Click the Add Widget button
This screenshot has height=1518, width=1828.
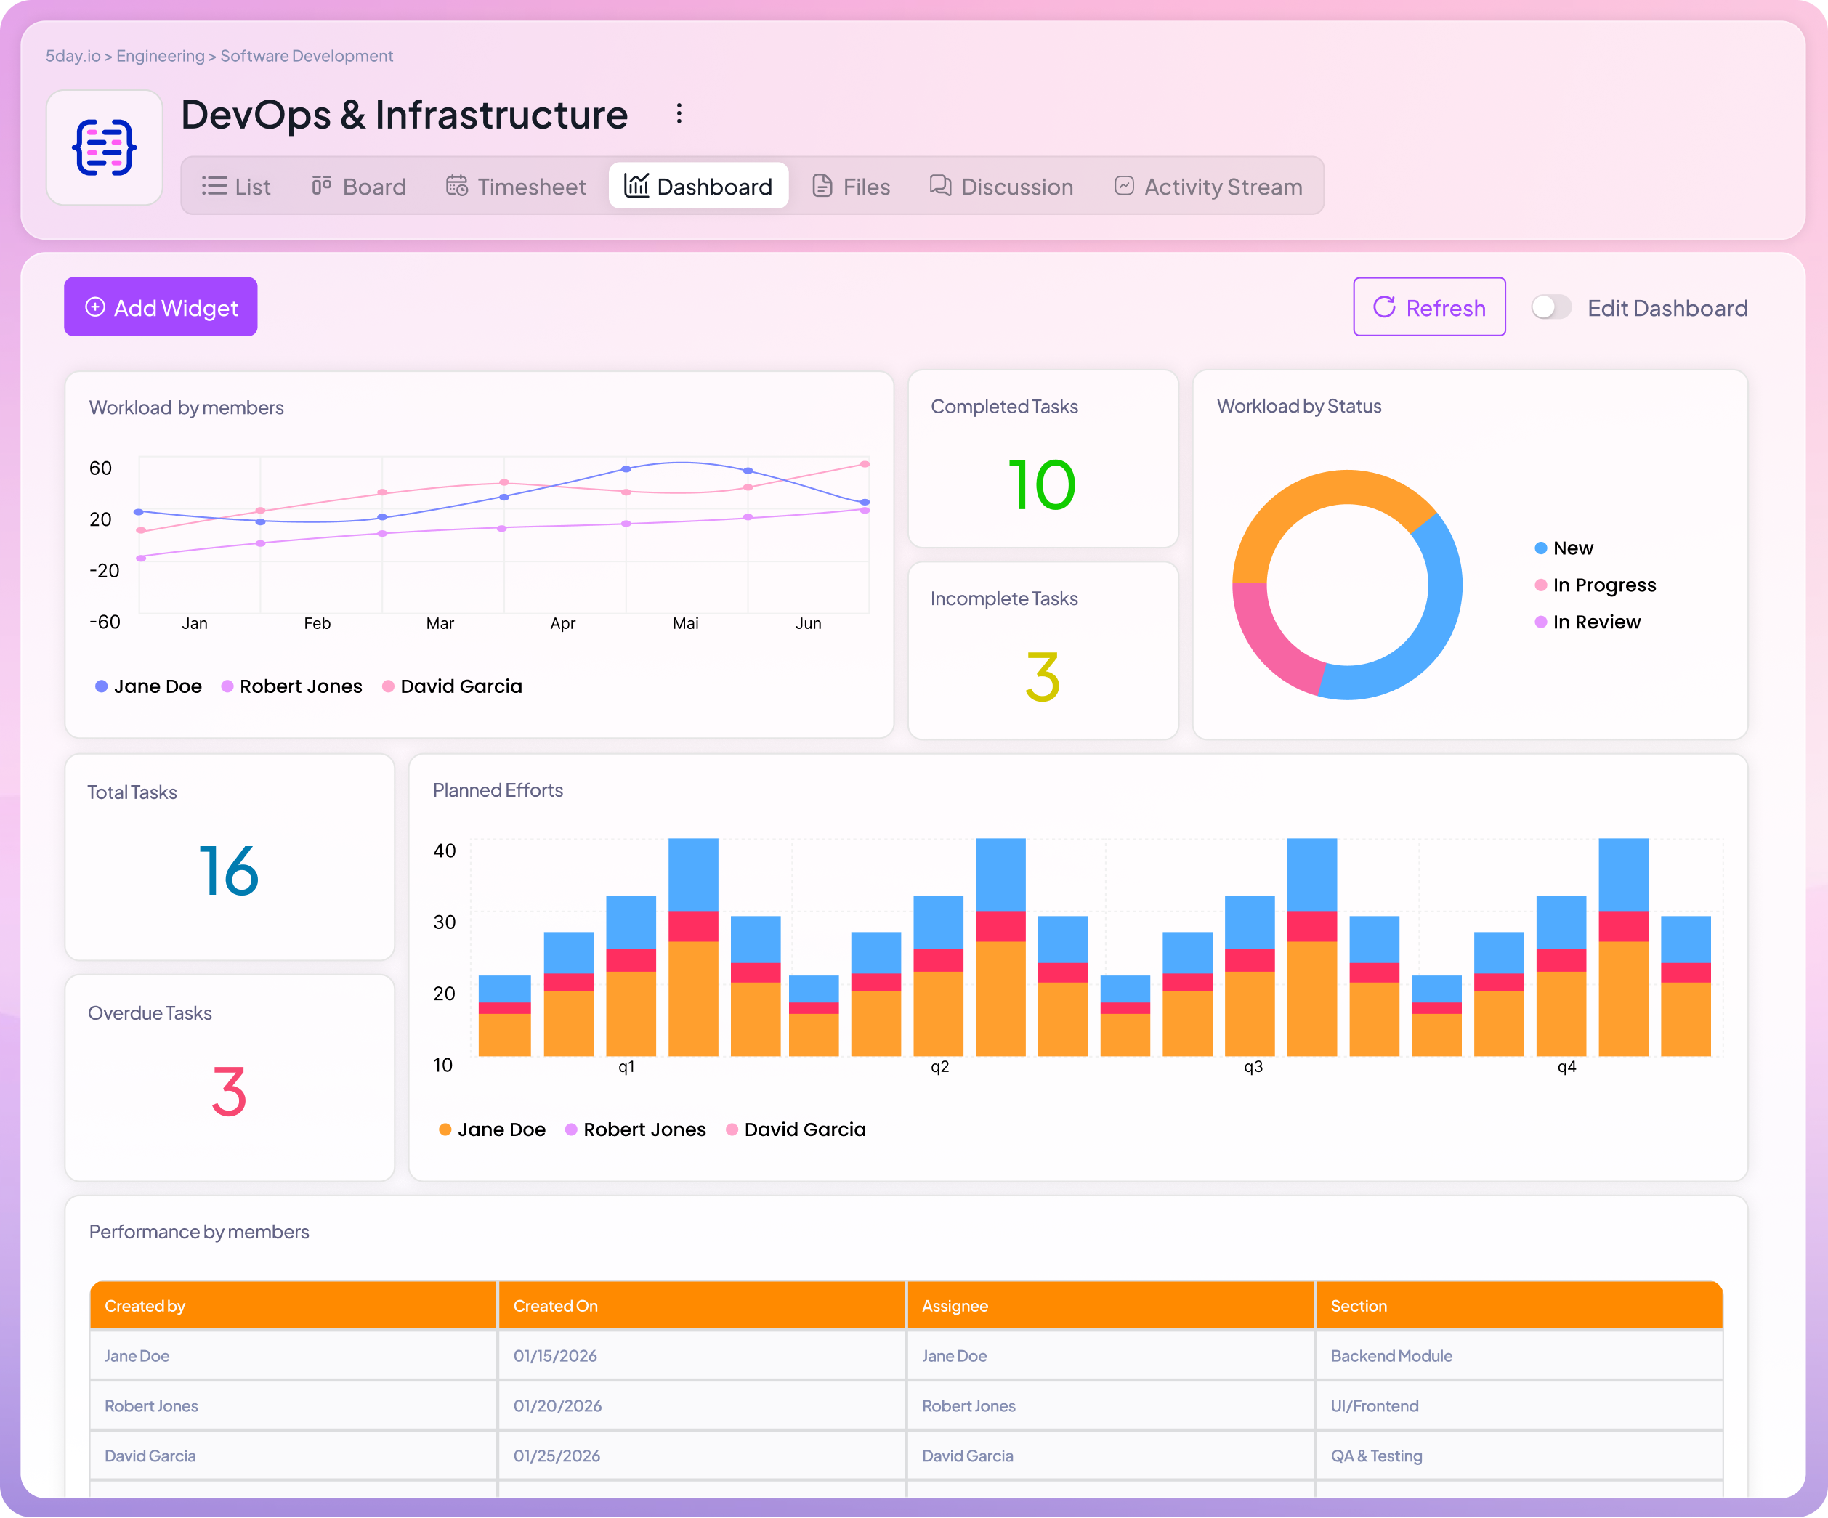click(161, 307)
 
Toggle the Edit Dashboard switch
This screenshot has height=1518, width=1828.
click(1550, 307)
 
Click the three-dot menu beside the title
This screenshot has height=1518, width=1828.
click(679, 114)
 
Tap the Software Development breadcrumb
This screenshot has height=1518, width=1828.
click(307, 56)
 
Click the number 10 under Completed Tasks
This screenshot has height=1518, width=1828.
click(1042, 485)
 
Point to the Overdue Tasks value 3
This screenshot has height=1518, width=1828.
click(229, 1092)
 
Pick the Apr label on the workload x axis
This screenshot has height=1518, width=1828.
click(562, 623)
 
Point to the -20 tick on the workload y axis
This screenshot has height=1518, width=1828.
click(104, 570)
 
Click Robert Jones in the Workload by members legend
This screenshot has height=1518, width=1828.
click(299, 686)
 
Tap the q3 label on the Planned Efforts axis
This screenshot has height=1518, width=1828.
click(1253, 1066)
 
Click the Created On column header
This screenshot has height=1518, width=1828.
click(555, 1306)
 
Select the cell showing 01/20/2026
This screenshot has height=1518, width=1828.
click(557, 1405)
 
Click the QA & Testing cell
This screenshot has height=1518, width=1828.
click(1375, 1456)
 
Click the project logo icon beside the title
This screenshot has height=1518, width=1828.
click(105, 148)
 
